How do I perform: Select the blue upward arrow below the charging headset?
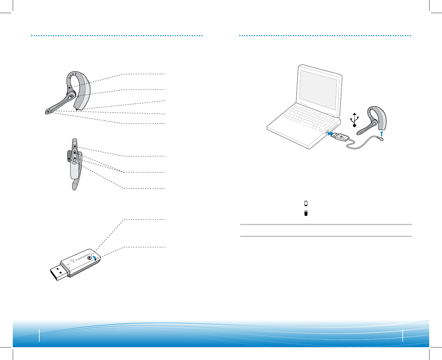point(381,134)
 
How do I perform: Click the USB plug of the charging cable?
point(341,138)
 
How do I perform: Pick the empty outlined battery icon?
point(306,203)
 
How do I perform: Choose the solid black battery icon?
point(306,213)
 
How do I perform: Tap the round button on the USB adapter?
point(89,258)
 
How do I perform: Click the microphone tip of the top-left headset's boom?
point(48,112)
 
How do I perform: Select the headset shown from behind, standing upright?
point(74,164)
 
